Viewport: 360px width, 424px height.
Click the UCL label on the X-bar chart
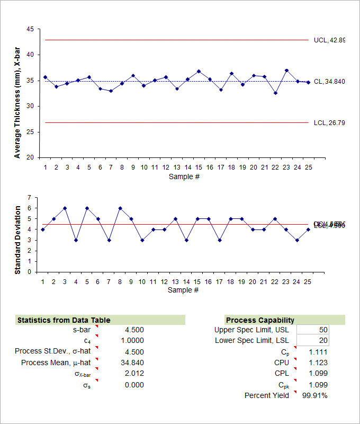[x=329, y=40]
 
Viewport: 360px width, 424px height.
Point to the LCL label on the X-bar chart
[x=329, y=123]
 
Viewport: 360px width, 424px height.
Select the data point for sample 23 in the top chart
[x=286, y=70]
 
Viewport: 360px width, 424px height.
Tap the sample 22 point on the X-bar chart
[x=275, y=93]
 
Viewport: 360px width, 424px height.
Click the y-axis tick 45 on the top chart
[x=30, y=29]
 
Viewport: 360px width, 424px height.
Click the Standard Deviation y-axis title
[x=17, y=240]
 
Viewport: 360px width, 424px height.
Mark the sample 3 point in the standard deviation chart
[x=65, y=208]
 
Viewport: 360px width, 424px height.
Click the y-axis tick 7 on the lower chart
[x=35, y=197]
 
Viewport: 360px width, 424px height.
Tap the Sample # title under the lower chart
[x=184, y=290]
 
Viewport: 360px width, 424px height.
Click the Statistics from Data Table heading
[x=64, y=320]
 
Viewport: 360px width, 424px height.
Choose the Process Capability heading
[x=260, y=320]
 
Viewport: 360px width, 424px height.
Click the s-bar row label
[x=82, y=330]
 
